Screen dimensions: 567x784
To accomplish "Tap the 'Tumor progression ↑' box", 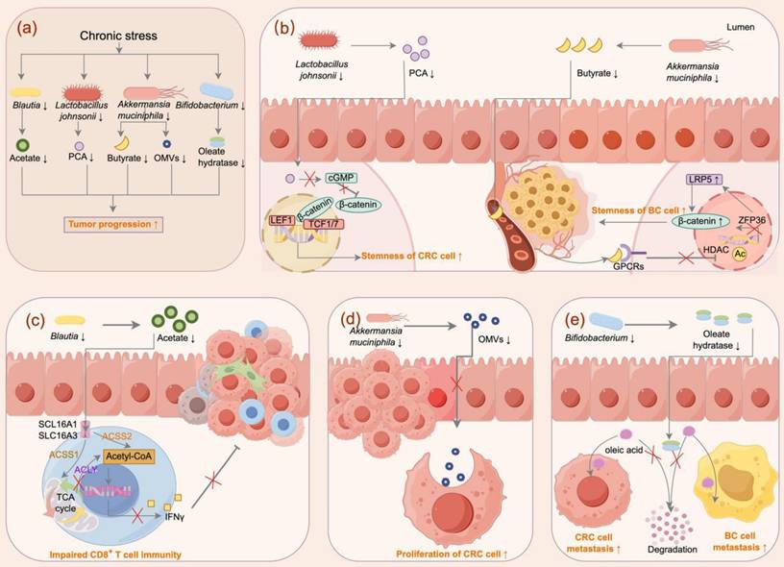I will point(119,225).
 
